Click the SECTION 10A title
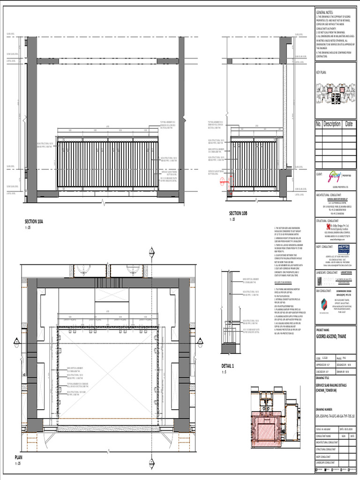click(34, 220)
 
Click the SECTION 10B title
click(238, 213)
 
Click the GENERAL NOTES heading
click(324, 12)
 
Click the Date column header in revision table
click(350, 124)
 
